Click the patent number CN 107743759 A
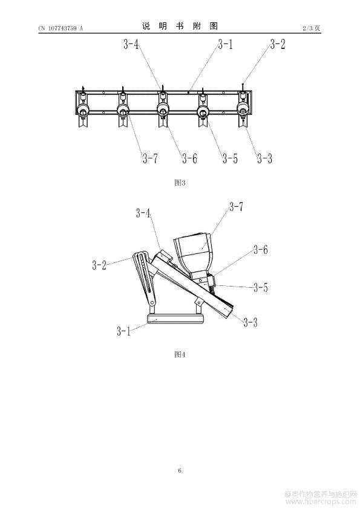coord(61,28)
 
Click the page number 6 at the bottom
coord(180,470)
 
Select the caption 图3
coord(180,183)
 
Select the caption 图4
coord(180,354)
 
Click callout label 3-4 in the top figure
coord(131,44)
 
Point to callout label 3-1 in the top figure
coord(226,44)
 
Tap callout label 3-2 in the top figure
coord(278,44)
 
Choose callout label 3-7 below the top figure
coord(150,158)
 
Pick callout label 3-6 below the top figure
coord(189,158)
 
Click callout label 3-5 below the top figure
coord(230,158)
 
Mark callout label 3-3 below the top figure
coord(265,158)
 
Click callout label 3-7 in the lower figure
coord(236,207)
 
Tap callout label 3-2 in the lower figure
coord(99,265)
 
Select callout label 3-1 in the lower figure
coord(124,331)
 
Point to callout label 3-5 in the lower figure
coord(261,287)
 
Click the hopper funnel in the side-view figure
coord(194,253)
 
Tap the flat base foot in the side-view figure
coord(175,318)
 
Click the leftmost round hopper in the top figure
coord(83,111)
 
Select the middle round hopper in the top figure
coord(163,109)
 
